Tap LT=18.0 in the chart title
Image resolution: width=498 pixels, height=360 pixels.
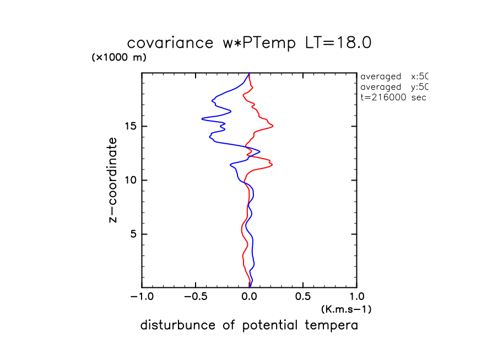pos(338,43)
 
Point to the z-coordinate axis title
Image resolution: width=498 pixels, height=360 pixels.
pos(113,180)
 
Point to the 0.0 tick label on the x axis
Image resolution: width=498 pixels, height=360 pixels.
pos(250,297)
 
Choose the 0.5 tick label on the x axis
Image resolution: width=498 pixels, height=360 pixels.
pos(303,297)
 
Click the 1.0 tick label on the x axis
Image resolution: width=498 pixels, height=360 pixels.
pos(357,297)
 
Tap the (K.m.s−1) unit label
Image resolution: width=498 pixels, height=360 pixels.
pos(346,309)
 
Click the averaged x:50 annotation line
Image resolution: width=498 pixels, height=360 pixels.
pos(393,77)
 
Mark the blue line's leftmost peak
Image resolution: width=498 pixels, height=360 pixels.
pos(202,118)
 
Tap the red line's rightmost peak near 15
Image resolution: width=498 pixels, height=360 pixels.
pos(273,126)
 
